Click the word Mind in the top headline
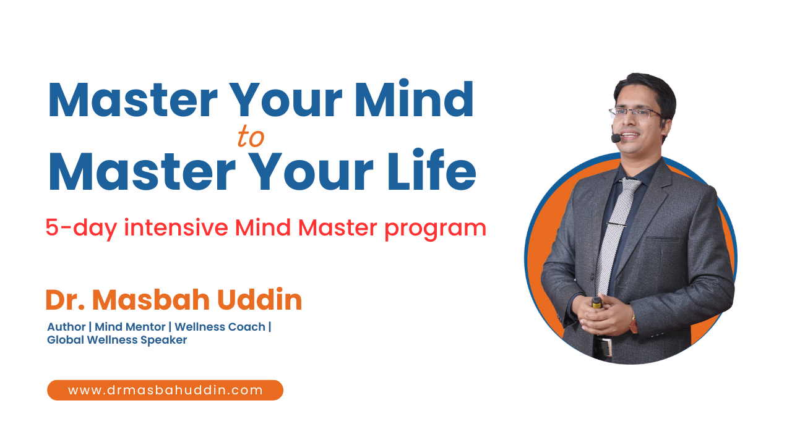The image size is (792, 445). [423, 100]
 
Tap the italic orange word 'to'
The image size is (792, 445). [251, 138]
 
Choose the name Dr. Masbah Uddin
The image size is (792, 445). [173, 300]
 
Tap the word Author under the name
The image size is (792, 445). [66, 326]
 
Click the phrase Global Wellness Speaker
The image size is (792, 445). [117, 340]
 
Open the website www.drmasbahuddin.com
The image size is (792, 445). [165, 390]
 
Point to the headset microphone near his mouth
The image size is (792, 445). [616, 138]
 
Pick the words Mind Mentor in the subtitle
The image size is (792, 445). [130, 326]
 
